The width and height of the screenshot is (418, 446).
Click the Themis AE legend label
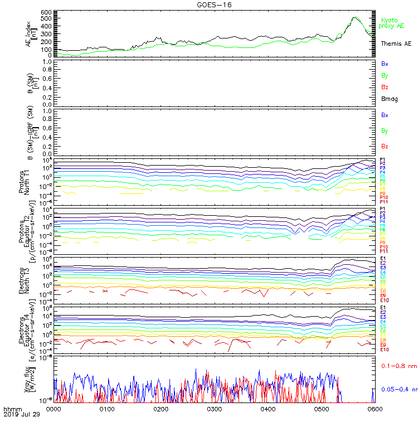pyautogui.click(x=396, y=43)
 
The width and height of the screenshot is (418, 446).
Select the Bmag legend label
pyautogui.click(x=389, y=99)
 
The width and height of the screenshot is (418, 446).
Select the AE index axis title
pyautogui.click(x=30, y=33)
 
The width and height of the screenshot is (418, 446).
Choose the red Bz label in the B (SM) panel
pyautogui.click(x=385, y=87)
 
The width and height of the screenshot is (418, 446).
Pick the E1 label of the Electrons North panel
pyautogui.click(x=383, y=259)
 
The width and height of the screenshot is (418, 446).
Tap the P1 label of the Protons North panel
pyautogui.click(x=383, y=159)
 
